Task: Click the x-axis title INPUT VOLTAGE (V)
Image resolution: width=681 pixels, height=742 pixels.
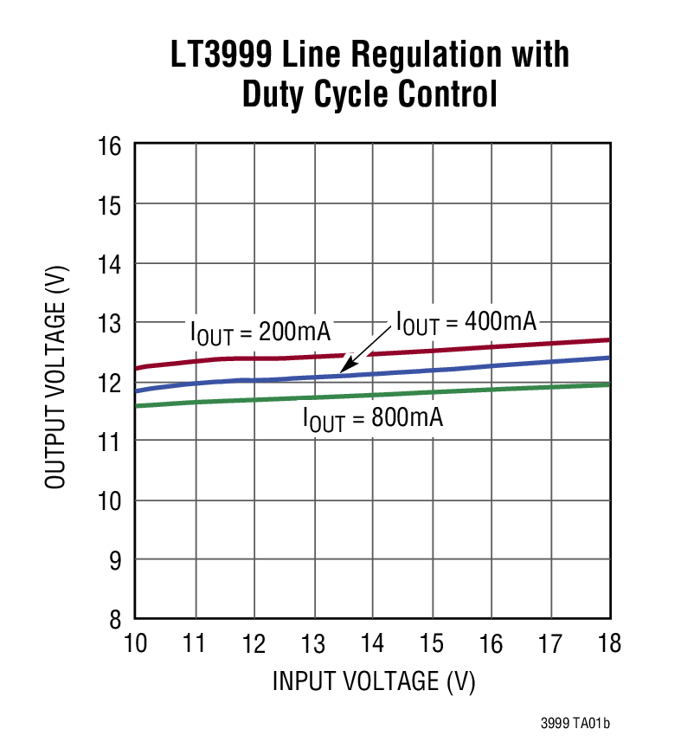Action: (374, 681)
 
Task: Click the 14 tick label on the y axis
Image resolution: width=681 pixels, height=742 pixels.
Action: (112, 264)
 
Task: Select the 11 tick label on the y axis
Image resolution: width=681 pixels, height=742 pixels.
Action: (112, 442)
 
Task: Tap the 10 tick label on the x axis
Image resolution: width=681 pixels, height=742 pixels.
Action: (136, 644)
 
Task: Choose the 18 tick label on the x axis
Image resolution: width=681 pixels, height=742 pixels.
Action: (609, 644)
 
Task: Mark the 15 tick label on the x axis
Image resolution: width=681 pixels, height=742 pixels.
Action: (432, 644)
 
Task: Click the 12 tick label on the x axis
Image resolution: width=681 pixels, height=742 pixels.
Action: (254, 644)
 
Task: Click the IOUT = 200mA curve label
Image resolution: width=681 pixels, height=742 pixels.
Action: (260, 333)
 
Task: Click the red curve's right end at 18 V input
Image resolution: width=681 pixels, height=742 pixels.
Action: (608, 340)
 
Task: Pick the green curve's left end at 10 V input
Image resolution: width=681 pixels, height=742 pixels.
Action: (138, 405)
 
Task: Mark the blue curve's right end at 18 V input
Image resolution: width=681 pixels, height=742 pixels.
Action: (608, 358)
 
